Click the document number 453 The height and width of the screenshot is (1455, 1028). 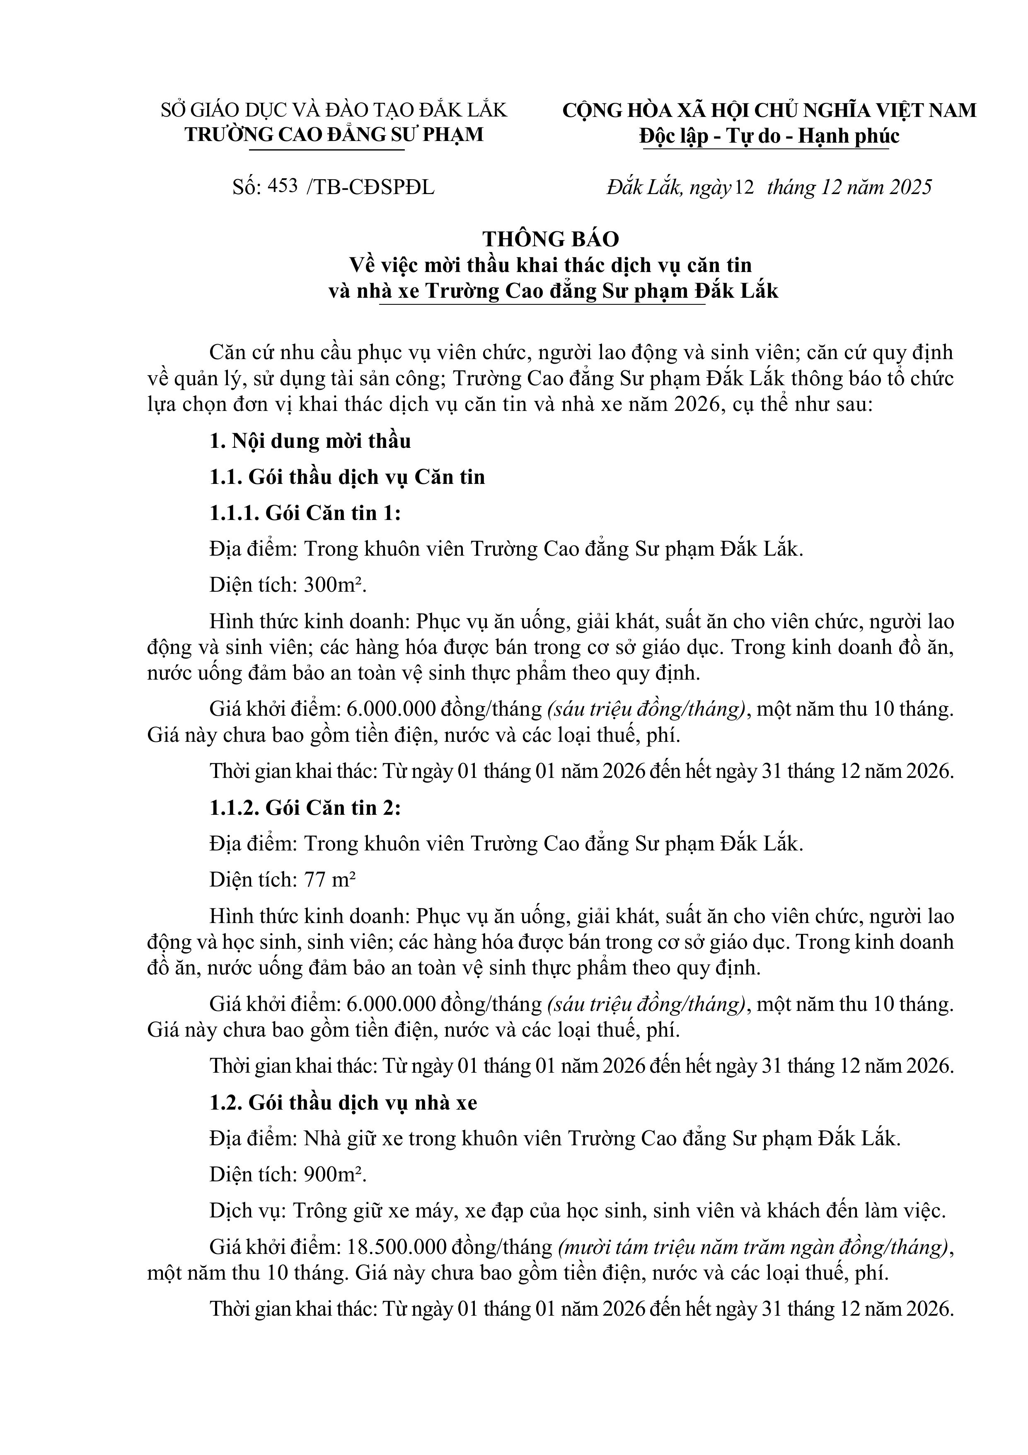283,186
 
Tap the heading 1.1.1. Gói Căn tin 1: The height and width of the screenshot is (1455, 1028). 305,513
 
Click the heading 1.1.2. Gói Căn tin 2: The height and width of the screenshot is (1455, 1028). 305,808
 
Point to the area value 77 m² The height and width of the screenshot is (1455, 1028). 330,880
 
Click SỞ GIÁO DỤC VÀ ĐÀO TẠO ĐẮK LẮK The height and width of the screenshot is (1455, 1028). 334,110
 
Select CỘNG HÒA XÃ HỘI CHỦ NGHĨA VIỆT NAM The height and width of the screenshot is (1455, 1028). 769,110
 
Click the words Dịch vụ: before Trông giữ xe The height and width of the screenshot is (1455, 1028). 249,1211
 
